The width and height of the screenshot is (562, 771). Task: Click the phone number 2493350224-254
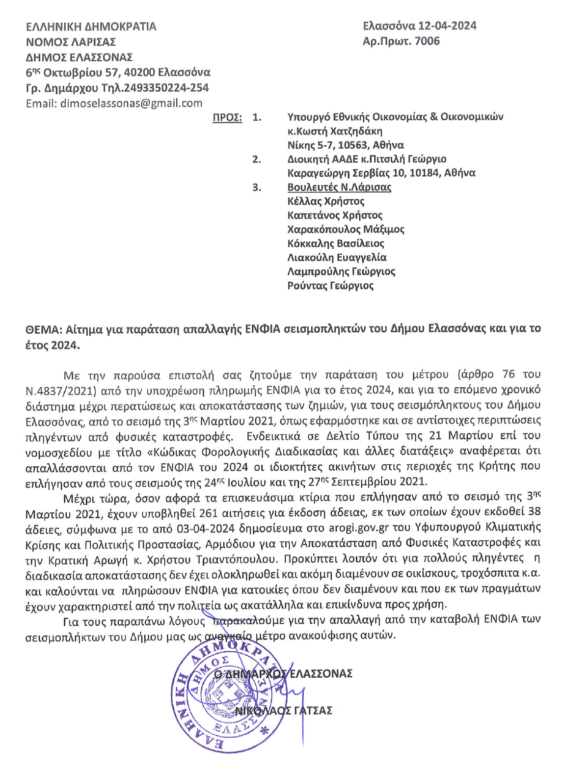point(166,88)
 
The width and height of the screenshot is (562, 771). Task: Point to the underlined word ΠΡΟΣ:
point(227,118)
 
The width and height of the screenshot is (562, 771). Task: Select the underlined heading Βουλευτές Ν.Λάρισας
point(339,187)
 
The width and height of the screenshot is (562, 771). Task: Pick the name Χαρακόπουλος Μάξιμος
point(346,229)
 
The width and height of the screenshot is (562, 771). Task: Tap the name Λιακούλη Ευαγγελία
point(337,257)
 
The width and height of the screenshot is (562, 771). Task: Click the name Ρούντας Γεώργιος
point(330,286)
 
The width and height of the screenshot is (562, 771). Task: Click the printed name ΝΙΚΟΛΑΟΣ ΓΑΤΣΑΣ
point(283,710)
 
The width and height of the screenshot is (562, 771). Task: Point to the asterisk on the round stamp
point(265,731)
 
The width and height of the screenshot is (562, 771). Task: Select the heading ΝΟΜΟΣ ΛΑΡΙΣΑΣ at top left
point(71,41)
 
